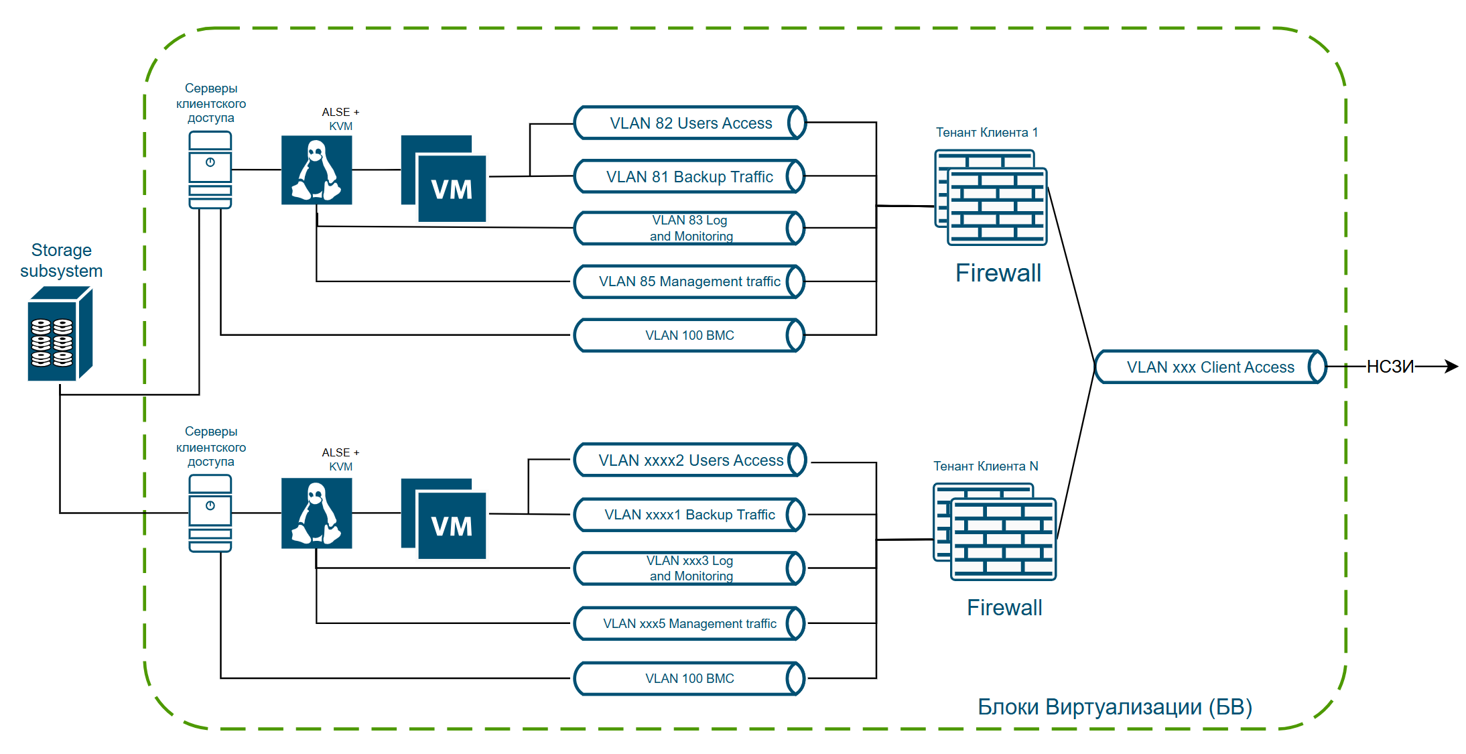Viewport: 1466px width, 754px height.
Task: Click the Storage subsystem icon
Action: pyautogui.click(x=60, y=334)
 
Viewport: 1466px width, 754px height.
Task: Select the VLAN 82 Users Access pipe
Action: pyautogui.click(x=690, y=123)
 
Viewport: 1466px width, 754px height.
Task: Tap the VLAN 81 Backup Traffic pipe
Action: pyautogui.click(x=689, y=176)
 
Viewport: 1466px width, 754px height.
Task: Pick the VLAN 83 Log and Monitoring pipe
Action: pyautogui.click(x=689, y=229)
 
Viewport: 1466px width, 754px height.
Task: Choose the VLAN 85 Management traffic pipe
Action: pyautogui.click(x=689, y=281)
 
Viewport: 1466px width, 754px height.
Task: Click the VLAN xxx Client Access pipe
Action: pyautogui.click(x=1211, y=367)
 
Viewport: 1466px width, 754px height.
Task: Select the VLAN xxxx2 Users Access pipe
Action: pyautogui.click(x=690, y=460)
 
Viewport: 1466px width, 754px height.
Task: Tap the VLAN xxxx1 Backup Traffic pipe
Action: pyautogui.click(x=689, y=515)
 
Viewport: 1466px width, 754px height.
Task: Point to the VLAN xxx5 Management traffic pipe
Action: pyautogui.click(x=689, y=623)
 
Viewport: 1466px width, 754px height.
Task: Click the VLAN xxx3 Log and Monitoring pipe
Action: pyautogui.click(x=689, y=568)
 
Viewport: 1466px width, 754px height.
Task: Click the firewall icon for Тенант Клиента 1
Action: pyautogui.click(x=991, y=198)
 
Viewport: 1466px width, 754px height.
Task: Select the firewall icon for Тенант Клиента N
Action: pyautogui.click(x=995, y=531)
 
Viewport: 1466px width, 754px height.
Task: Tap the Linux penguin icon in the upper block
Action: pyautogui.click(x=317, y=170)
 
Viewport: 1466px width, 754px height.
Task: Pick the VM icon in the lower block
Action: pyautogui.click(x=444, y=519)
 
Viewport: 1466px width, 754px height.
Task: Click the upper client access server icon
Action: pyautogui.click(x=210, y=170)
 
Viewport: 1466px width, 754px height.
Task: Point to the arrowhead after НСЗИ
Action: pyautogui.click(x=1451, y=367)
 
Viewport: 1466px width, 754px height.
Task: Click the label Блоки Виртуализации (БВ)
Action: pyautogui.click(x=1115, y=707)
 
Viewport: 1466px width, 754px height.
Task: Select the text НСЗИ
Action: pyautogui.click(x=1390, y=367)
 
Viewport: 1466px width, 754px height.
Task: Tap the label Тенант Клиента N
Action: pyautogui.click(x=986, y=466)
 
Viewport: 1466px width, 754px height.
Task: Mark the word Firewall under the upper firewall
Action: pyautogui.click(x=998, y=273)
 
